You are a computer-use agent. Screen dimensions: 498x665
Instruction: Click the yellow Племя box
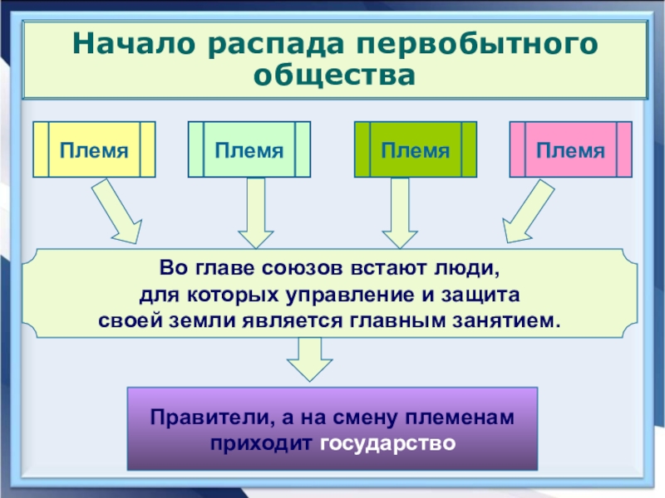94,149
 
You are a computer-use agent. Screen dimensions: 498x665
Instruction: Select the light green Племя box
249,149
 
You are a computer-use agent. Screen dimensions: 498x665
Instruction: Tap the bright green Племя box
416,149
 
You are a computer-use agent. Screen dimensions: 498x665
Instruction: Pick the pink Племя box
570,149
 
